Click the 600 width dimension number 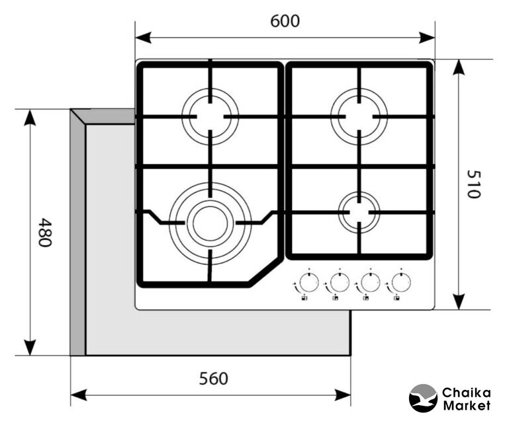285,21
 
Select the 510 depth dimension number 473,184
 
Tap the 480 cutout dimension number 44,232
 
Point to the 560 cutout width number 214,379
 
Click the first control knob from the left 306,283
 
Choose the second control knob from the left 338,283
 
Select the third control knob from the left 369,283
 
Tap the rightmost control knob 399,283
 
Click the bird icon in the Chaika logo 423,399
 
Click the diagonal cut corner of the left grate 265,272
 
